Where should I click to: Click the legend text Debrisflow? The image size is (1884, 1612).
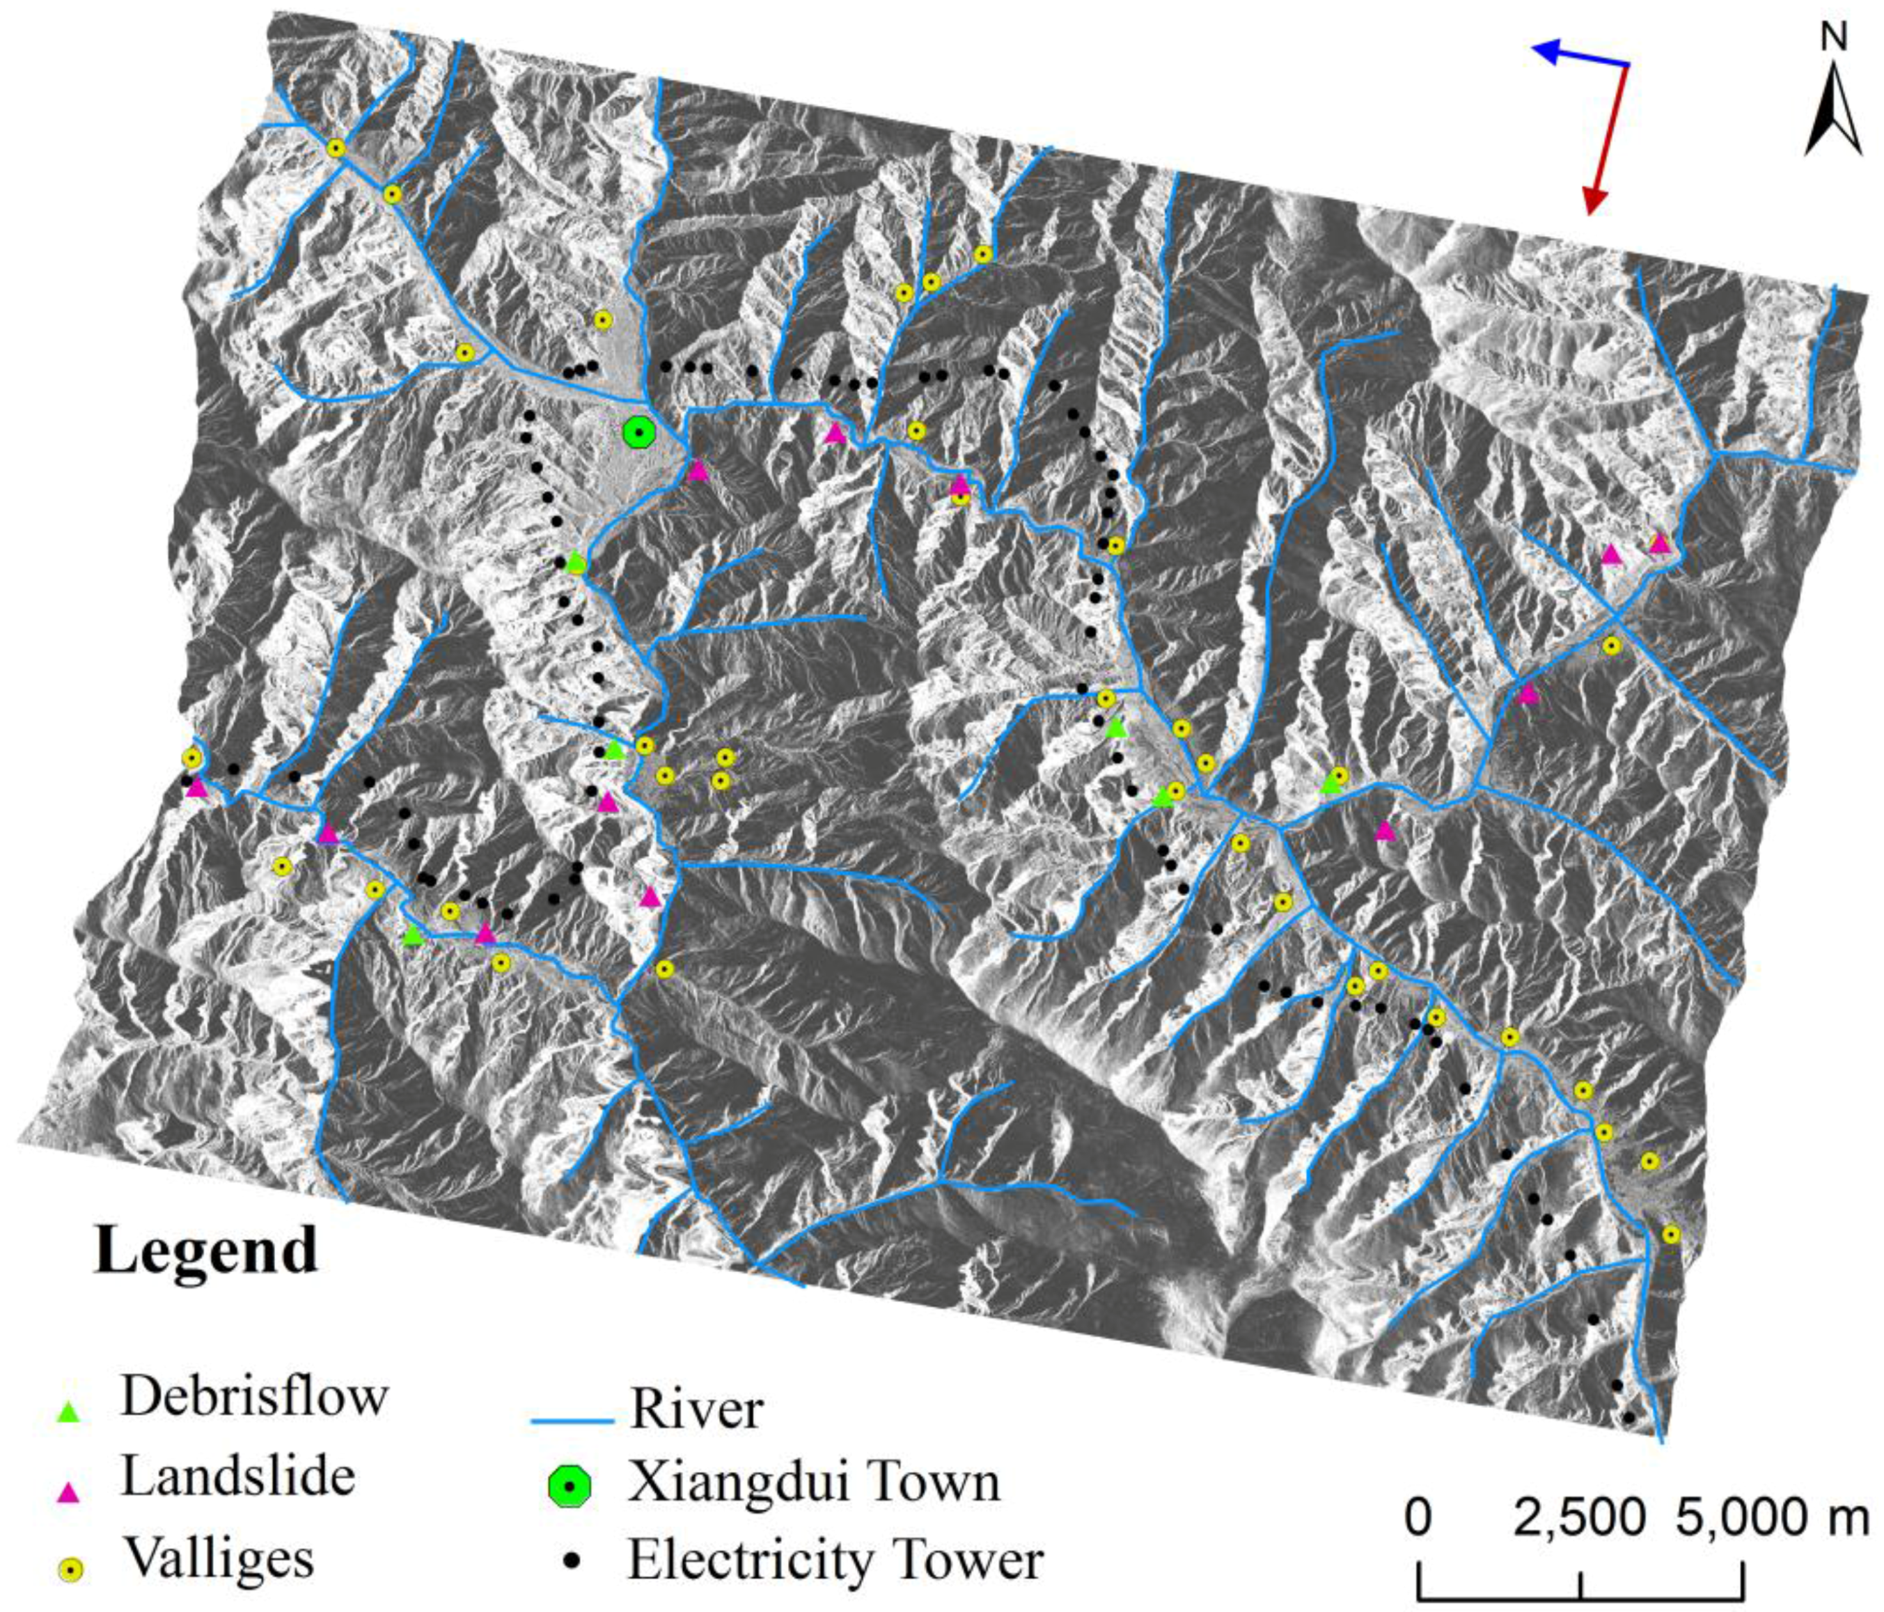pos(255,1395)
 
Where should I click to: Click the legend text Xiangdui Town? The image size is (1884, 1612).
pos(814,1482)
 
